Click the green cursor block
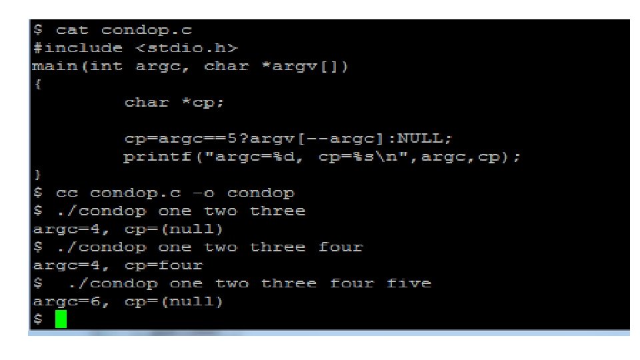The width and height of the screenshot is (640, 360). click(x=61, y=319)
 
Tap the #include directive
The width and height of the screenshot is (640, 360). click(x=78, y=48)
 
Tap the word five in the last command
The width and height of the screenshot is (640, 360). click(x=408, y=283)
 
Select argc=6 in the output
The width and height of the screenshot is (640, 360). click(x=61, y=301)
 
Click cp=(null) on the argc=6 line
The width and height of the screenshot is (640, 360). click(x=169, y=301)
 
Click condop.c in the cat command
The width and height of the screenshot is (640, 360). click(x=141, y=30)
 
